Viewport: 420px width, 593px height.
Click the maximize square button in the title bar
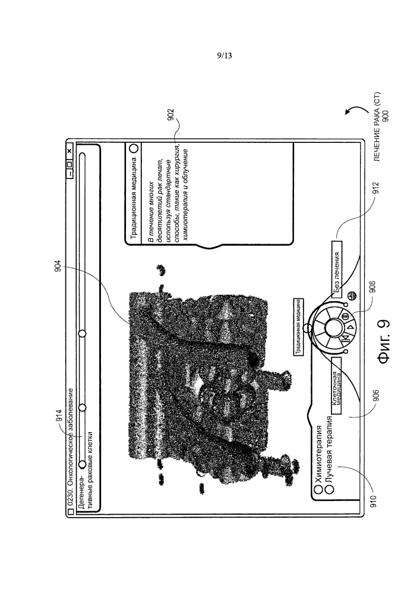pyautogui.click(x=70, y=164)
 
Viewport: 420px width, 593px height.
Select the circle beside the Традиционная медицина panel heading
pyautogui.click(x=134, y=148)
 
